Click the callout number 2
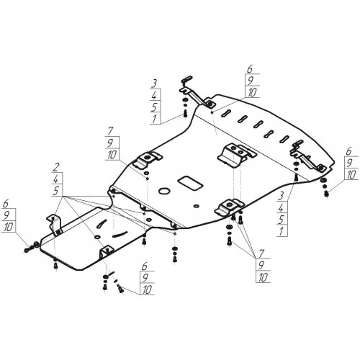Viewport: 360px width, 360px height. pyautogui.click(x=57, y=167)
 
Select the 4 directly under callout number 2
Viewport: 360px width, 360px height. pyautogui.click(x=58, y=179)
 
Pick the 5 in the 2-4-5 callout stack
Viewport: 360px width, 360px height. pyautogui.click(x=56, y=191)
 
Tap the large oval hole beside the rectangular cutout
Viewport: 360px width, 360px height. pyautogui.click(x=164, y=191)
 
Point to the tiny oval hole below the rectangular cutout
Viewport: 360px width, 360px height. pyautogui.click(x=196, y=206)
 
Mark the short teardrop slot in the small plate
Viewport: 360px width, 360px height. pyautogui.click(x=102, y=224)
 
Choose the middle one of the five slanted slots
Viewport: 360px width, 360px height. pyautogui.click(x=258, y=124)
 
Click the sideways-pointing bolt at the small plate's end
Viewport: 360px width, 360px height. pyautogui.click(x=27, y=250)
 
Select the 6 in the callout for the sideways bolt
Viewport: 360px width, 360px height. pyautogui.click(x=6, y=204)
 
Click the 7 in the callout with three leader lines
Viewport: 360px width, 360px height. pyautogui.click(x=261, y=253)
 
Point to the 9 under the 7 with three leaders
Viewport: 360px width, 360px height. pyautogui.click(x=261, y=265)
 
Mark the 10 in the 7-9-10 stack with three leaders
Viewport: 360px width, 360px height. pyautogui.click(x=264, y=277)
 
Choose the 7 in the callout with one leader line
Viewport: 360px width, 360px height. pyautogui.click(x=110, y=131)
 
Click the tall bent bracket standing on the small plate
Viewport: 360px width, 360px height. pyautogui.click(x=55, y=224)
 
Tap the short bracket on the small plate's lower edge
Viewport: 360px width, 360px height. pyautogui.click(x=106, y=252)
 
